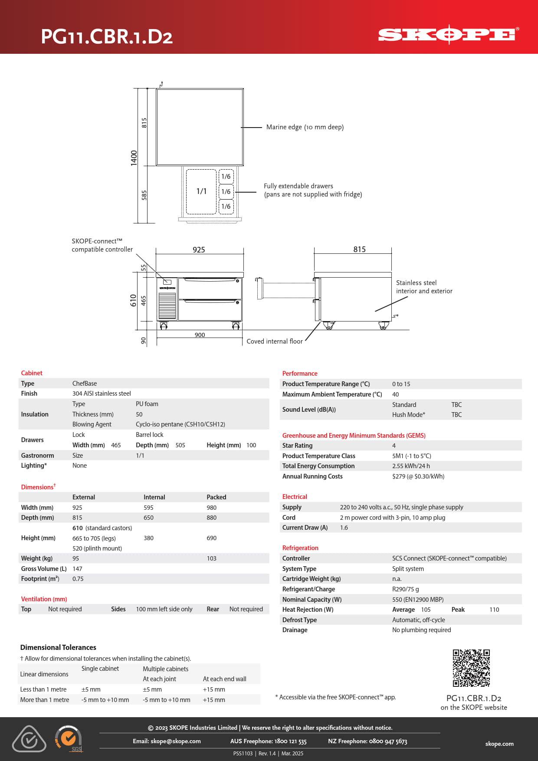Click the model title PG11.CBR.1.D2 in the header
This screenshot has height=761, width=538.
[107, 36]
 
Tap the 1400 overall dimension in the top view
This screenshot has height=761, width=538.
[134, 157]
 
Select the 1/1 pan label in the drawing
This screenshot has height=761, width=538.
[201, 191]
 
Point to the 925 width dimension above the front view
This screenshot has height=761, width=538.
[199, 249]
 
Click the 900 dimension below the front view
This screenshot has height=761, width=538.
[200, 335]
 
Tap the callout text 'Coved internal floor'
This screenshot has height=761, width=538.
[274, 341]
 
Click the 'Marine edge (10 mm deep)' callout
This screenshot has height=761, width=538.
[305, 127]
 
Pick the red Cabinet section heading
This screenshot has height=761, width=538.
[32, 373]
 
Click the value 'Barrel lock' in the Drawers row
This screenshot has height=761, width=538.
[150, 435]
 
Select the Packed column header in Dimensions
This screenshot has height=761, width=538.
[216, 497]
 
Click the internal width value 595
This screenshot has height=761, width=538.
[148, 508]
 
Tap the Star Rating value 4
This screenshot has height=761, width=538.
[394, 446]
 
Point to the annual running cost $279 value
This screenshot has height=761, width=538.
[418, 476]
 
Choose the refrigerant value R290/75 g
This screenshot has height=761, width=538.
[405, 589]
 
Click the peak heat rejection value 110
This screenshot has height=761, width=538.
[494, 610]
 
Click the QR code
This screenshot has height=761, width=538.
[471, 668]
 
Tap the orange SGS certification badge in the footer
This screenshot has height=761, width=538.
[69, 738]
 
